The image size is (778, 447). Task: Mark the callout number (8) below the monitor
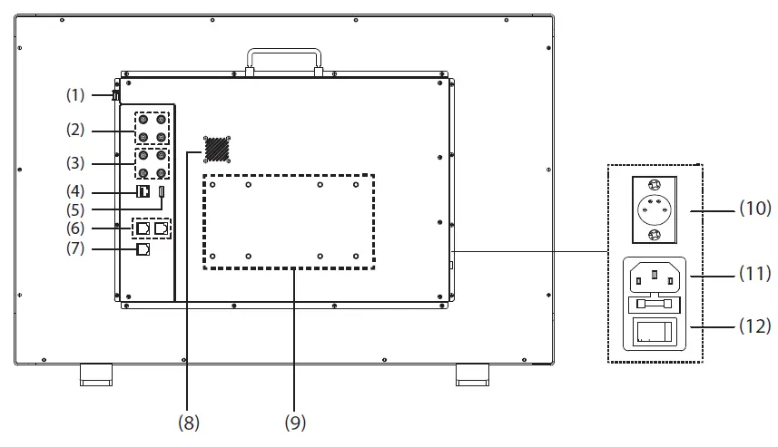pos(189,422)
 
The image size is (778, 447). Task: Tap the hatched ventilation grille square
pos(216,149)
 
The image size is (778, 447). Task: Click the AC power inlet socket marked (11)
pos(651,273)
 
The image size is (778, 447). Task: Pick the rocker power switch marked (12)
pos(651,332)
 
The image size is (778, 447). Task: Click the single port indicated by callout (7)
pos(143,249)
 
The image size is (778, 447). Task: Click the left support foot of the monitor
pos(96,374)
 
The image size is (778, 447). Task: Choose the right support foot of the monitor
pos(471,374)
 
